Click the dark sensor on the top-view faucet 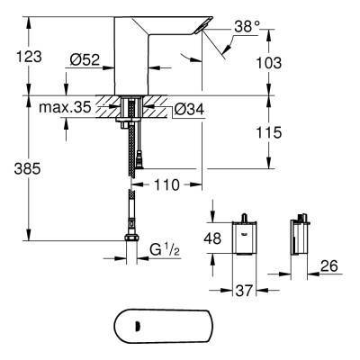[x=138, y=326]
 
